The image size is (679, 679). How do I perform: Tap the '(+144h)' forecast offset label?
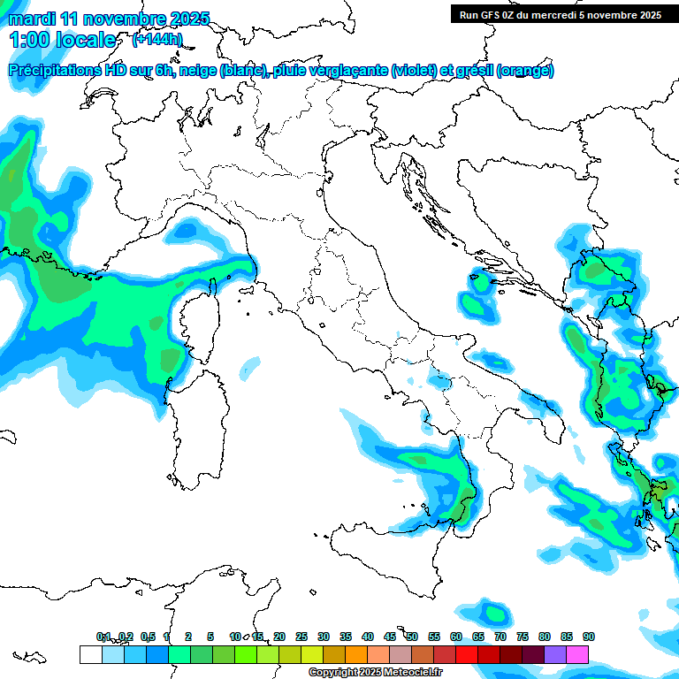(x=156, y=40)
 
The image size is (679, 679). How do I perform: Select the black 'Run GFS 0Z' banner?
(x=561, y=14)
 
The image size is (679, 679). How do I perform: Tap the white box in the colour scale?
(x=90, y=654)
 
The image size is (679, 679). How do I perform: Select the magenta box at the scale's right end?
(x=577, y=654)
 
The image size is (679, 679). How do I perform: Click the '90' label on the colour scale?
(x=588, y=637)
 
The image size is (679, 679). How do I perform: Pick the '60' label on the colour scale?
(x=455, y=637)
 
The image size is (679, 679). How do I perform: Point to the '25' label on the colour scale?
(x=301, y=637)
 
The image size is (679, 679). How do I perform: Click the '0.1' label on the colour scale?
(x=103, y=637)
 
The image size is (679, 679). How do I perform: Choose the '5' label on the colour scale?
(x=210, y=637)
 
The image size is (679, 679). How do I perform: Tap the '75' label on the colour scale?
(x=522, y=637)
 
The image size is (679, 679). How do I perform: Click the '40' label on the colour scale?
(x=367, y=637)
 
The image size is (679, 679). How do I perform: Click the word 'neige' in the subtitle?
(x=197, y=71)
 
